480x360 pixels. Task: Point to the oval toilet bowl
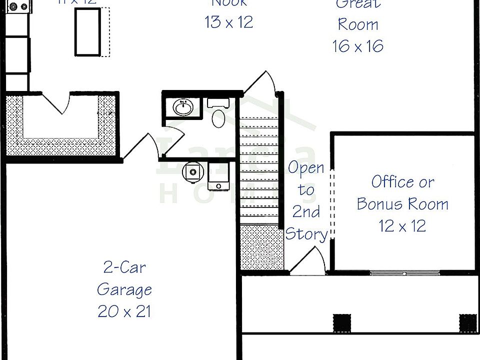click(x=218, y=118)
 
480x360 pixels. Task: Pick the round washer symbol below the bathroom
click(x=192, y=171)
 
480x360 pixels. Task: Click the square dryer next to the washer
click(x=218, y=175)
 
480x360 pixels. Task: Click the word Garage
click(x=124, y=289)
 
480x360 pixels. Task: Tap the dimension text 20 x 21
click(x=124, y=311)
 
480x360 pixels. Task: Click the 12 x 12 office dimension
click(x=402, y=225)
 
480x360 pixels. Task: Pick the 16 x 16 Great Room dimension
click(x=357, y=46)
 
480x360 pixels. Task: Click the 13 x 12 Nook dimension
click(x=228, y=22)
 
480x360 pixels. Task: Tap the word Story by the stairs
click(x=306, y=233)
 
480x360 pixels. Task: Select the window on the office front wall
click(x=405, y=273)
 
